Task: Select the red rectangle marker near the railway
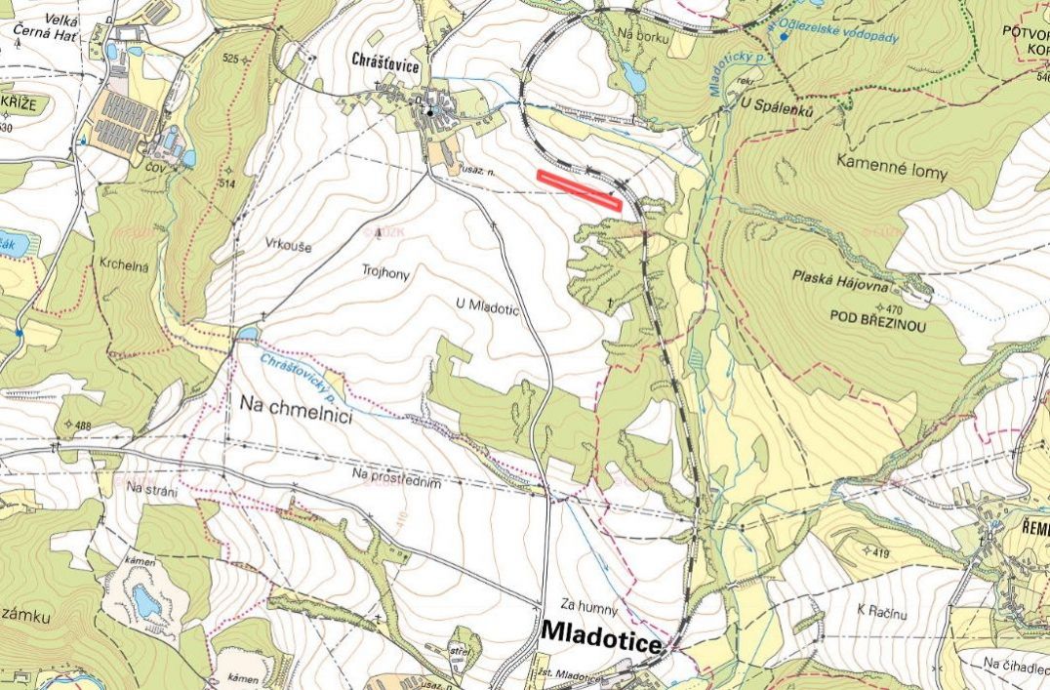pos(580,189)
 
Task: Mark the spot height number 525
pos(230,60)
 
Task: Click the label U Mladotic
pos(487,305)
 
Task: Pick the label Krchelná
pos(122,264)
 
